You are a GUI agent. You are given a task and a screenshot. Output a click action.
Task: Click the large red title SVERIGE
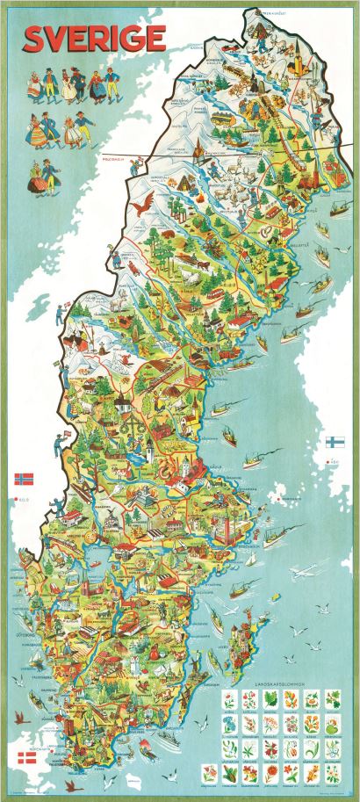(x=95, y=39)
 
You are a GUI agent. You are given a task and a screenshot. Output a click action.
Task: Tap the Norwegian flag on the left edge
(x=24, y=480)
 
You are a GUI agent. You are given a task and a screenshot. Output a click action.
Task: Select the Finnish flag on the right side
(x=334, y=442)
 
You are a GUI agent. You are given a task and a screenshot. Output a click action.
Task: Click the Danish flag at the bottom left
(x=27, y=757)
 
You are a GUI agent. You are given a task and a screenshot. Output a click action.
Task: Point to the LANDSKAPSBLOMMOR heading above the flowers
(x=280, y=683)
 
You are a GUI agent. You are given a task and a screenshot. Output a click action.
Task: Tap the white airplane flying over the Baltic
(x=299, y=573)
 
